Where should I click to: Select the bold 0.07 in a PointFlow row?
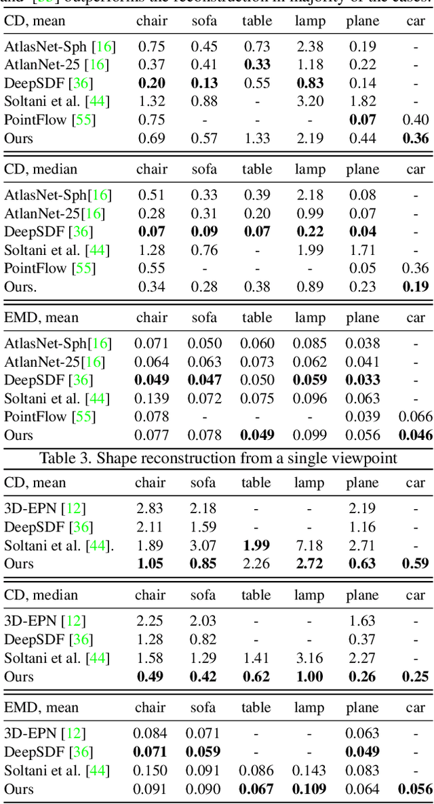(x=363, y=120)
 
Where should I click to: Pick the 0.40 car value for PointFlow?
(x=415, y=120)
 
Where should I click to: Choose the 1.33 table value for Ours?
(x=257, y=138)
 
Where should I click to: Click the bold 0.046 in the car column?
(x=415, y=435)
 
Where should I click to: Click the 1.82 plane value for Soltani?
(x=363, y=102)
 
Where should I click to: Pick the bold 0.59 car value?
(x=415, y=563)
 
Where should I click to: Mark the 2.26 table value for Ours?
(x=257, y=563)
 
